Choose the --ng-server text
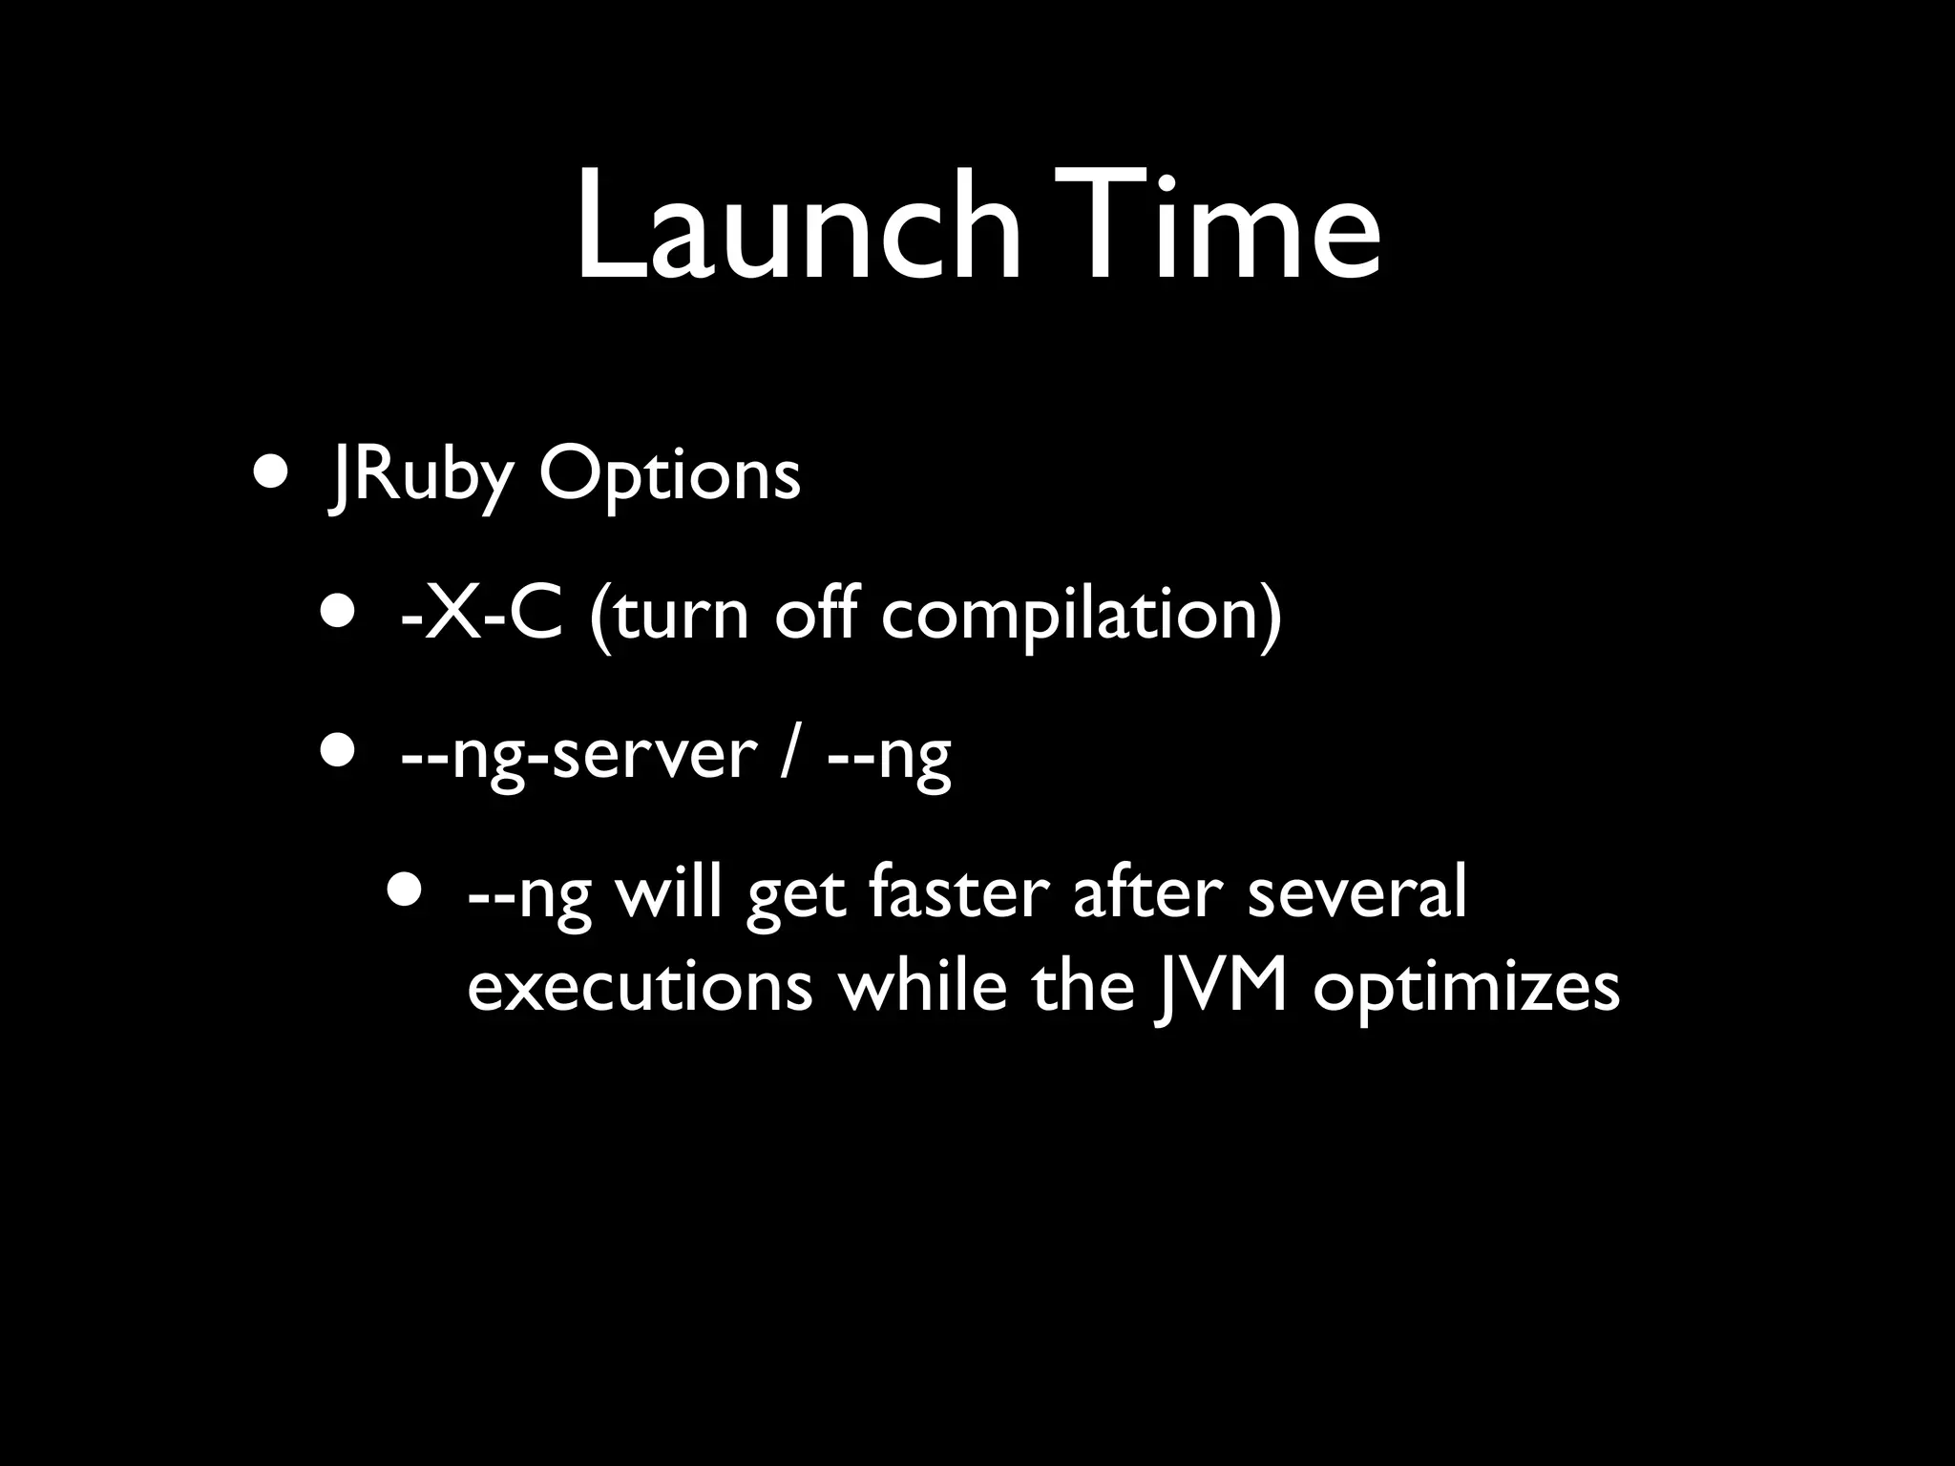pyautogui.click(x=578, y=755)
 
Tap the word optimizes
pyautogui.click(x=1466, y=989)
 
